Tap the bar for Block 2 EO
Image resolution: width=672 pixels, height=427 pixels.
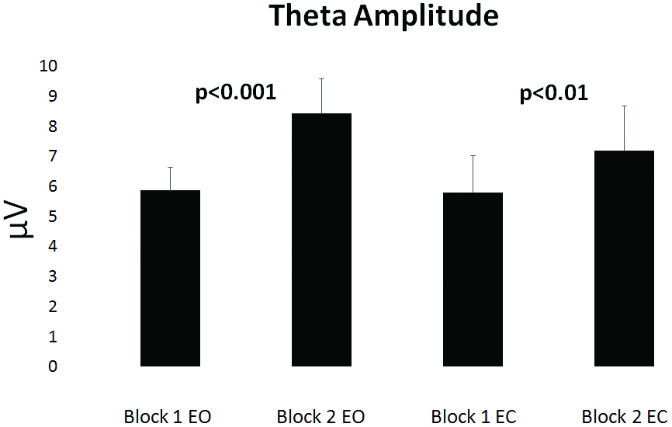[x=321, y=240]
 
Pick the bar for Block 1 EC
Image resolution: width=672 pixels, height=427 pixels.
[x=473, y=279]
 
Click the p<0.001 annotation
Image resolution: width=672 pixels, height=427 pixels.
[x=235, y=94]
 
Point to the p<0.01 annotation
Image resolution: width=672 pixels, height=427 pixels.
[x=553, y=94]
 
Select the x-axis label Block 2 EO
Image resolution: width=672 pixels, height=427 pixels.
[x=321, y=416]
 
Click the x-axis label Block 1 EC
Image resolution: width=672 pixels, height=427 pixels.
[x=473, y=416]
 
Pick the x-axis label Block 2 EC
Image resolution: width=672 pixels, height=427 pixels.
[x=624, y=416]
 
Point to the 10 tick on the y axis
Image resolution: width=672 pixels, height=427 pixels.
[x=47, y=66]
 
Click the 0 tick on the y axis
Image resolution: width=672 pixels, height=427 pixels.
[x=51, y=366]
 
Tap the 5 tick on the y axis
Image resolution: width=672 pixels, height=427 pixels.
[x=51, y=217]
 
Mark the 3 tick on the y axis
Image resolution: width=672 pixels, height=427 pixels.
[x=51, y=276]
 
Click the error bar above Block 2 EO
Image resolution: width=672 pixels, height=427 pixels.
[x=321, y=95]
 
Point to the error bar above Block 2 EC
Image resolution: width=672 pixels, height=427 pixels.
[x=624, y=128]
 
